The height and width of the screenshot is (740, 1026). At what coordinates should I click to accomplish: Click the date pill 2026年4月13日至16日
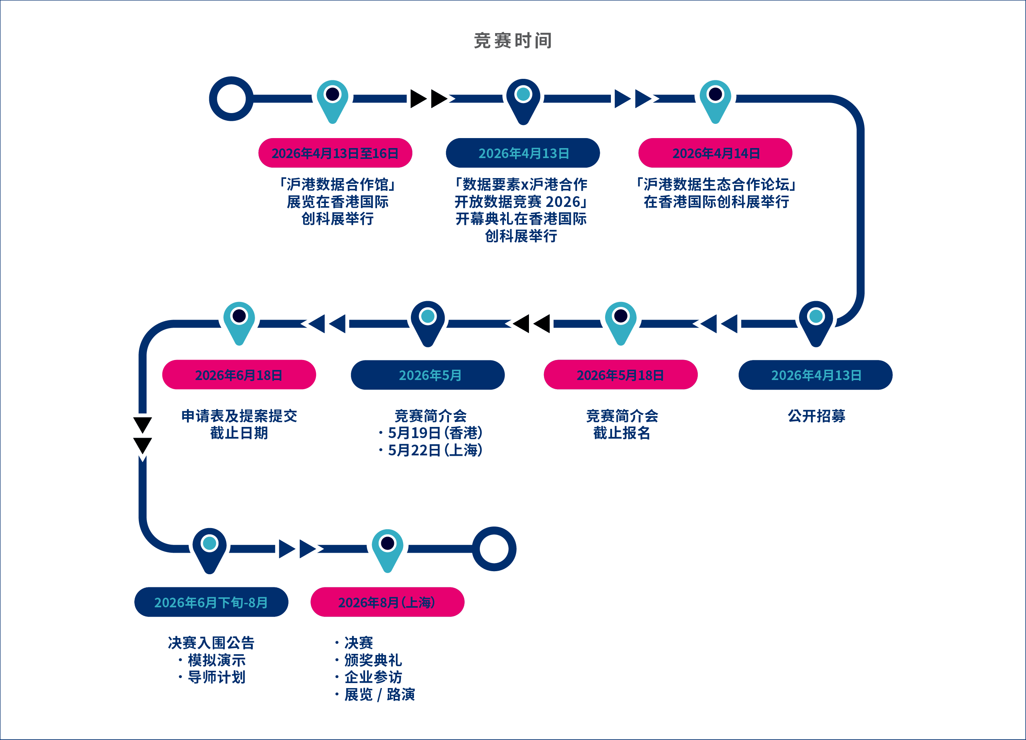click(335, 153)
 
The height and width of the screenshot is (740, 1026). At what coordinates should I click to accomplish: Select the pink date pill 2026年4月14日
click(715, 153)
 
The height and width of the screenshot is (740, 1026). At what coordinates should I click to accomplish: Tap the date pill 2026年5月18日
click(621, 375)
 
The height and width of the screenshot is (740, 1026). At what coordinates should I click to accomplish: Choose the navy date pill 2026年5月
click(428, 375)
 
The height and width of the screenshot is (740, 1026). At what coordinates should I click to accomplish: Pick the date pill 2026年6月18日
click(239, 375)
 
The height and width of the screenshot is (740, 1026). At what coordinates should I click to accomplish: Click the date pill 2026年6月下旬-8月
click(211, 602)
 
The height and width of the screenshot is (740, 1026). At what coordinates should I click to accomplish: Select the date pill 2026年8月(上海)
click(388, 602)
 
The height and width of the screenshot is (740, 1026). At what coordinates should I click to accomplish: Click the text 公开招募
click(817, 416)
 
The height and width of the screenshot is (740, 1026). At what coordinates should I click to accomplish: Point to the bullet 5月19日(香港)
click(430, 433)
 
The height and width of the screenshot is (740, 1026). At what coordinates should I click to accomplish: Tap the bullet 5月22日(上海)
click(430, 450)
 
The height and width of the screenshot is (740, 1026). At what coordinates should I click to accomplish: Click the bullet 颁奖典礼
click(369, 660)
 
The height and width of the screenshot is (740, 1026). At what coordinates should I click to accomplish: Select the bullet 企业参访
click(369, 677)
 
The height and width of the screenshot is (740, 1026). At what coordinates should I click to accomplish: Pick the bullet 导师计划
click(212, 677)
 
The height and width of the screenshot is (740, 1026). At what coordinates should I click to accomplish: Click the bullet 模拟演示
click(212, 660)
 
